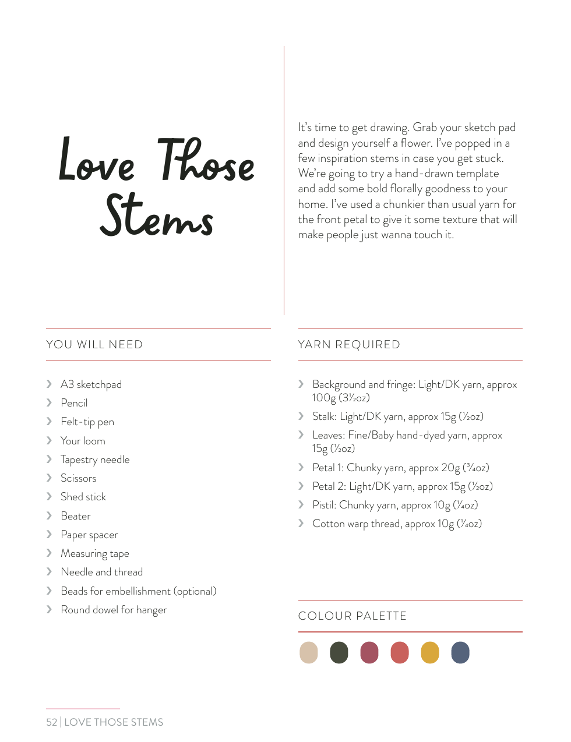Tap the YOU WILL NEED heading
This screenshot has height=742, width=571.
point(94,344)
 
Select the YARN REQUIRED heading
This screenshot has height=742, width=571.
point(349,344)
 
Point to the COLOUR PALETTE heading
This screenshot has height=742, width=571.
point(353,616)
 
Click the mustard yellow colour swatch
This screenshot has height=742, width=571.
point(430,652)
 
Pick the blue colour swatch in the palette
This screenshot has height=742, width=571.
point(460,652)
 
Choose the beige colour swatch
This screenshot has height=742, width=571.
point(309,652)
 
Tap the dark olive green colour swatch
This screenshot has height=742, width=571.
point(339,652)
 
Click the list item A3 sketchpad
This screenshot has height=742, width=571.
point(91,384)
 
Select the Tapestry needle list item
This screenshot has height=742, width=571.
point(95,460)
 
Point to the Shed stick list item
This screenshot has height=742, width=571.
point(83,497)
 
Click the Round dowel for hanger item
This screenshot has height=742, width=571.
point(114,610)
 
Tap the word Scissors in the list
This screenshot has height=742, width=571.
point(79,478)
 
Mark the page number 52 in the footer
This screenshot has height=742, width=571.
point(52,722)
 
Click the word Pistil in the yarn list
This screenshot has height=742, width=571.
point(324,505)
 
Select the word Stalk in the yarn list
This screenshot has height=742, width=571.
point(324,416)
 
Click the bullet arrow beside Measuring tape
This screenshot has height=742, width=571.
point(49,553)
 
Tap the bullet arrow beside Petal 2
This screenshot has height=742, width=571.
point(301,486)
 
